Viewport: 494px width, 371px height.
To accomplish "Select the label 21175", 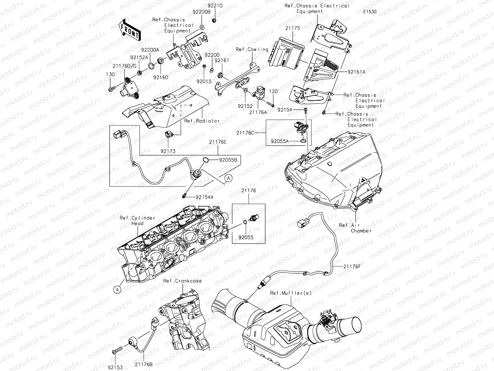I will (292, 28).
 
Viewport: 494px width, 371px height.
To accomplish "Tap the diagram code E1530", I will (370, 12).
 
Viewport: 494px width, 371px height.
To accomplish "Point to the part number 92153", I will (115, 367).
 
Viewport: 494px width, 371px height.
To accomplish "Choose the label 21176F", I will (351, 266).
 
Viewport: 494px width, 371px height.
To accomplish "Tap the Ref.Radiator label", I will (202, 121).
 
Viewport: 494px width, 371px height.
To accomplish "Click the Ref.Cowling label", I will (252, 49).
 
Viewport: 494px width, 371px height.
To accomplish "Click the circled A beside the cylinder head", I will (117, 289).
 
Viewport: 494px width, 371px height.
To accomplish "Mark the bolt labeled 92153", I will (117, 351).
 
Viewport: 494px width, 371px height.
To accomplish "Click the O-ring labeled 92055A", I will (303, 141).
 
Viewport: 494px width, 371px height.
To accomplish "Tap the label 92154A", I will (204, 197).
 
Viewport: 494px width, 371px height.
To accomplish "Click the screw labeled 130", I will (111, 89).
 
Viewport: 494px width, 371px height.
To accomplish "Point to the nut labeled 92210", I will (214, 20).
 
